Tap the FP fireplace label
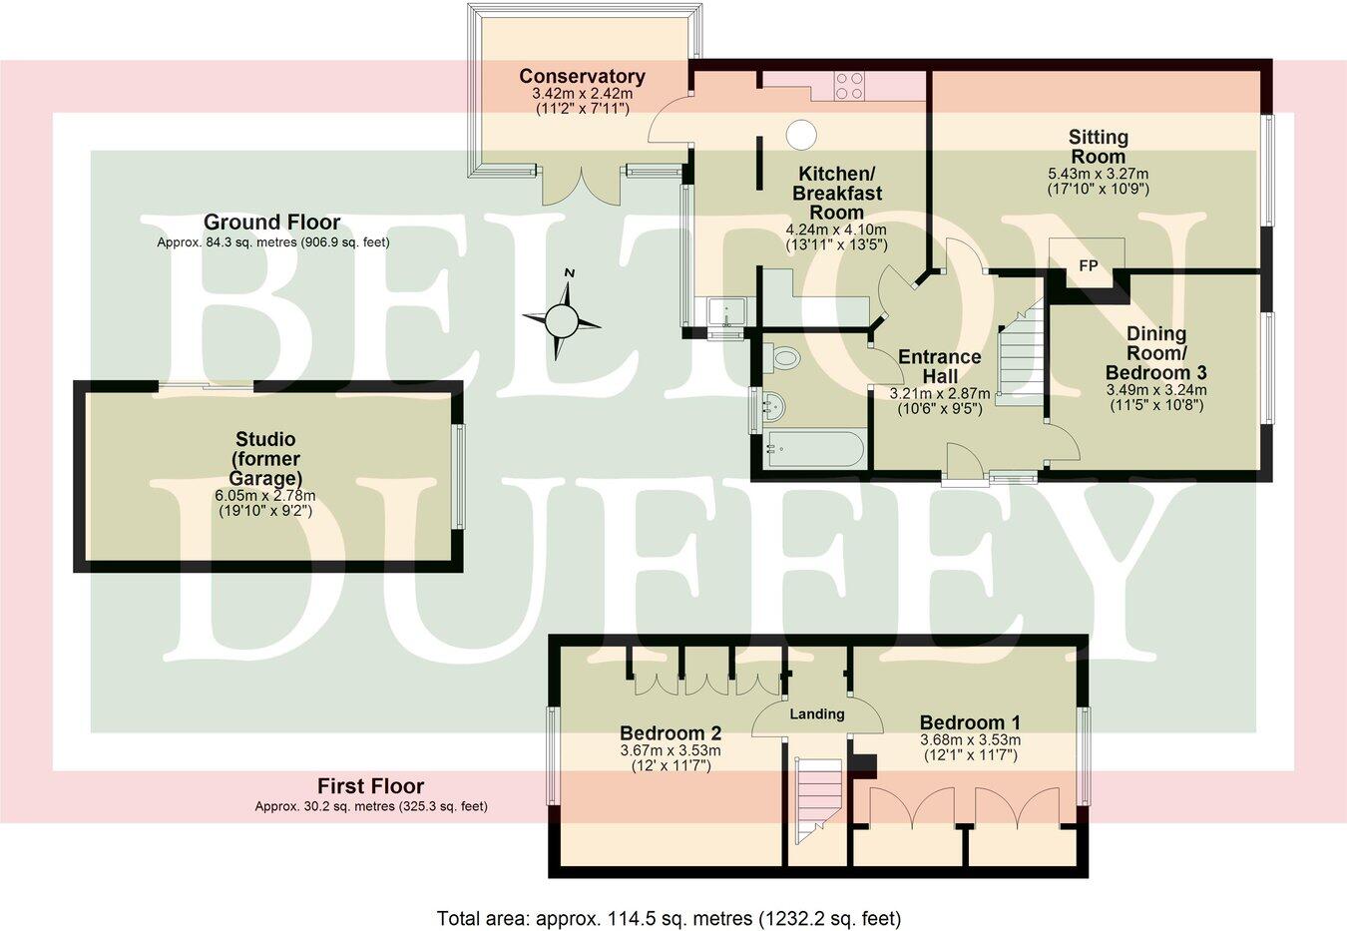pos(1088,265)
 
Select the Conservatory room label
pos(582,77)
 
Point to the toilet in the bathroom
pos(785,356)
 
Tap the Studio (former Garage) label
pos(265,458)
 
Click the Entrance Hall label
pos(939,366)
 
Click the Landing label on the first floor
pos(817,713)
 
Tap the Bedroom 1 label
pos(970,722)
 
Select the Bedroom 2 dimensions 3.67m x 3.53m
pos(671,750)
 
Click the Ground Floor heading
pos(271,223)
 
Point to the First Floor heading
pos(370,786)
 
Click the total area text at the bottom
pos(669,917)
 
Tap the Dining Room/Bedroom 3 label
pos(1156,352)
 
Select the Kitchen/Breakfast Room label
pos(836,193)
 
